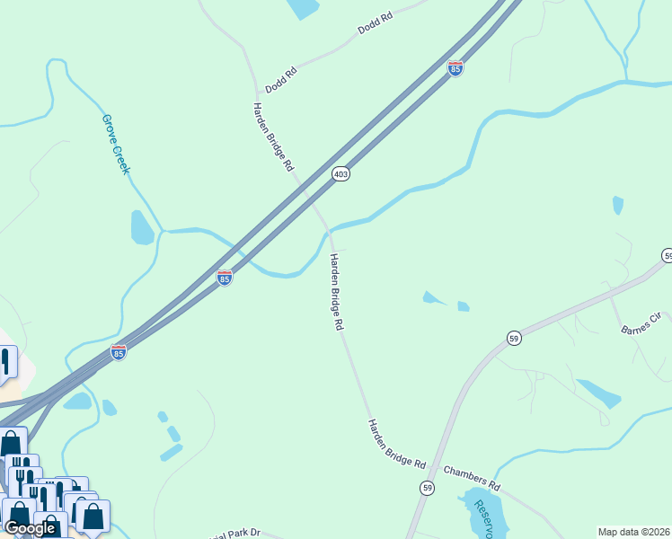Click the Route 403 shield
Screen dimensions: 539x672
340,174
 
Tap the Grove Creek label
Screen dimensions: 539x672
115,144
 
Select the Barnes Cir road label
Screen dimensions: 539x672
641,324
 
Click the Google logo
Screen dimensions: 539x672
30,528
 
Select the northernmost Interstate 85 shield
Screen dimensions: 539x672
455,68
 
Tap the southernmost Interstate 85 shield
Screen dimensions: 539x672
119,352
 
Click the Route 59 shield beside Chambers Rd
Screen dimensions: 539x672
428,487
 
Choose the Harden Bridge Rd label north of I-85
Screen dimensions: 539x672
273,137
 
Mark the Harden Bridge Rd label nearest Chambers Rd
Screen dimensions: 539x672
395,444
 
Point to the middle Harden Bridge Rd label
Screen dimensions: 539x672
336,293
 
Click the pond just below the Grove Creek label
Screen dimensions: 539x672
142,228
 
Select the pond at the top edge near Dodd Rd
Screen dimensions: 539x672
304,8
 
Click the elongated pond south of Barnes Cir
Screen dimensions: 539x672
597,393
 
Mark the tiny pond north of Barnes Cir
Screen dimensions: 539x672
617,205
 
